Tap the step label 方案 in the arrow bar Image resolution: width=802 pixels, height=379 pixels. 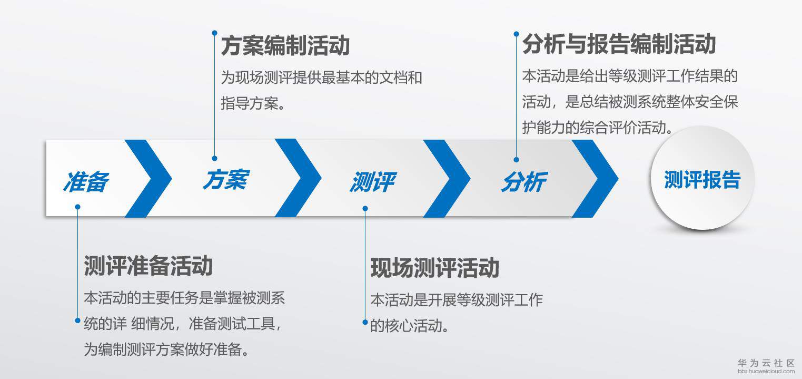click(x=225, y=179)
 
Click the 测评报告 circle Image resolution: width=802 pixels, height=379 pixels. click(x=702, y=180)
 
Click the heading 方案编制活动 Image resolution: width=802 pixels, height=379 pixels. click(x=285, y=46)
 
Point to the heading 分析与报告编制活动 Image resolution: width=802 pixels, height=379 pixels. click(x=619, y=44)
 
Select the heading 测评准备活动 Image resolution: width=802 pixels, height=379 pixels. click(x=148, y=266)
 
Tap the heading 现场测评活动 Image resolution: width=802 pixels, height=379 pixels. click(x=434, y=268)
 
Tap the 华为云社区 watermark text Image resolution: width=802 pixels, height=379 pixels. click(x=766, y=363)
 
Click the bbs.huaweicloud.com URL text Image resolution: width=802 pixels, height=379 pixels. click(x=766, y=371)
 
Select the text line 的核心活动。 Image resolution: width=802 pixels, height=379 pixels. click(x=410, y=325)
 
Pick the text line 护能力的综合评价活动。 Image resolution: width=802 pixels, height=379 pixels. click(x=598, y=127)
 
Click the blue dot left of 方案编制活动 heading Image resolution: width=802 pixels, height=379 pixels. click(x=214, y=33)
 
